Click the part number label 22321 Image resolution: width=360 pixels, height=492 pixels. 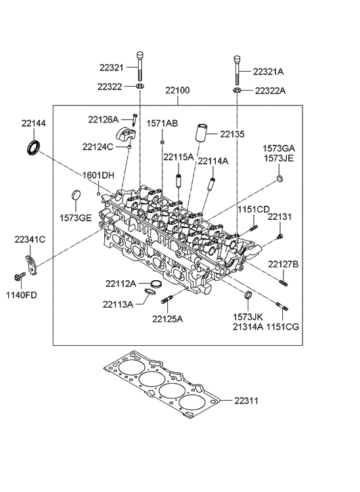click(x=111, y=68)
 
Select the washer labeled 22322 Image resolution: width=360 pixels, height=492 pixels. click(x=139, y=87)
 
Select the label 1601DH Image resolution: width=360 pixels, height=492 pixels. click(x=99, y=175)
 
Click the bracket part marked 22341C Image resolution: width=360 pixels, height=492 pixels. click(x=31, y=261)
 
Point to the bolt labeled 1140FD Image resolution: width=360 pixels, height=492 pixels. click(x=18, y=277)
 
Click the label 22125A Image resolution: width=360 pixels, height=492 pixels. click(x=168, y=319)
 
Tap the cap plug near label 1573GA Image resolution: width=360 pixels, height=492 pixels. click(x=278, y=179)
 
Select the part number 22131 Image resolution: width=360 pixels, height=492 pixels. click(x=279, y=217)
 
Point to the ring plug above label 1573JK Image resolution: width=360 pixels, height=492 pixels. click(x=248, y=296)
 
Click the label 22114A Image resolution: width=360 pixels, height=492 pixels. click(x=213, y=161)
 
